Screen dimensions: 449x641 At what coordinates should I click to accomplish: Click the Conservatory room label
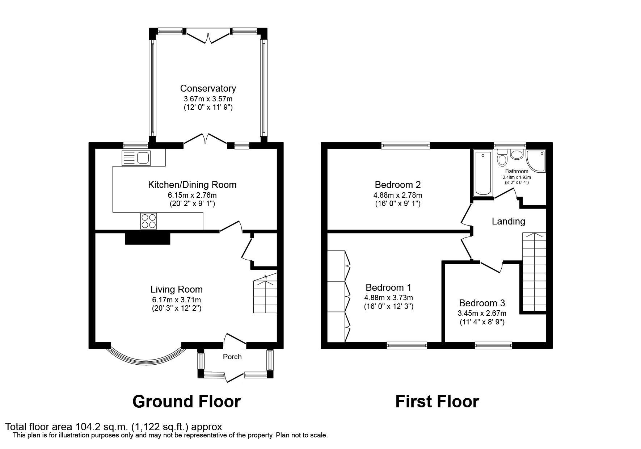point(208,88)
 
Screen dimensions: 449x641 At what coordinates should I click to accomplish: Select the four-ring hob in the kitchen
point(149,221)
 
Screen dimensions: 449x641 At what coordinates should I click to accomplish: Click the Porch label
point(232,357)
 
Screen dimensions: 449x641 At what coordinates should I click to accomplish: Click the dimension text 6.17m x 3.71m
point(176,300)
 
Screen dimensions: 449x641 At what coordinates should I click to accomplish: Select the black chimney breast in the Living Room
point(147,239)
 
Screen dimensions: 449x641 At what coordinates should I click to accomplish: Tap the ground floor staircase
point(265,295)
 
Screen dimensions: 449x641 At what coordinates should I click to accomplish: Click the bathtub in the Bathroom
point(483,173)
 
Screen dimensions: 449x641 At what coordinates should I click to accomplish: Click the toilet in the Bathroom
point(502,159)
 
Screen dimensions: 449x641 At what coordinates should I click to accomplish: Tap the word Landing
point(508,221)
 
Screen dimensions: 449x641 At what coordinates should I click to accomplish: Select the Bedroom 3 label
point(482,303)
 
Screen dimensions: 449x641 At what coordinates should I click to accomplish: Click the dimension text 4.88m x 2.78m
point(397,195)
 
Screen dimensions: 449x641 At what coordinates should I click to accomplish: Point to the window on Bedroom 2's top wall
point(405,146)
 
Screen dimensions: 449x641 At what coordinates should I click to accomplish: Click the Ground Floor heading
point(186,402)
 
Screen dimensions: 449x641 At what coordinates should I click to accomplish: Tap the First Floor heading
point(437,402)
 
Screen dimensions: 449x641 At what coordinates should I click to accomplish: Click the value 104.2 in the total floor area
point(86,427)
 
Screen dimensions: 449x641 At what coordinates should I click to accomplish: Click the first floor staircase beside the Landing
point(534,272)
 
